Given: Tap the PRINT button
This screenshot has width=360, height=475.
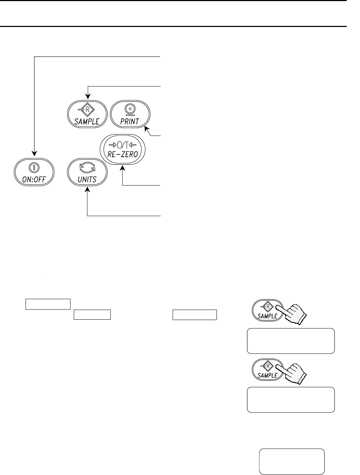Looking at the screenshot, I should tap(130, 114).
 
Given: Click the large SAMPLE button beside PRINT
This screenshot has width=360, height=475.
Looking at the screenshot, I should tap(87, 114).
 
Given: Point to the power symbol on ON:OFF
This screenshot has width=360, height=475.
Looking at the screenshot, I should tap(34, 168).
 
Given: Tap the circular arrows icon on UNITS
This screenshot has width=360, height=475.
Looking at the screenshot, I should tap(87, 168).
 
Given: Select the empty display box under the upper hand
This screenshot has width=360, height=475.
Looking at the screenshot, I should tap(291, 341).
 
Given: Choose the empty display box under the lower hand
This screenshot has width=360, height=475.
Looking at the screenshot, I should tap(291, 399).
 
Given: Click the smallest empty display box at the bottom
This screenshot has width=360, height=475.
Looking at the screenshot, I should tap(292, 461).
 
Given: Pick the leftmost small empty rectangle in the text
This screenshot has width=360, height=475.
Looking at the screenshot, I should tap(48, 304).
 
